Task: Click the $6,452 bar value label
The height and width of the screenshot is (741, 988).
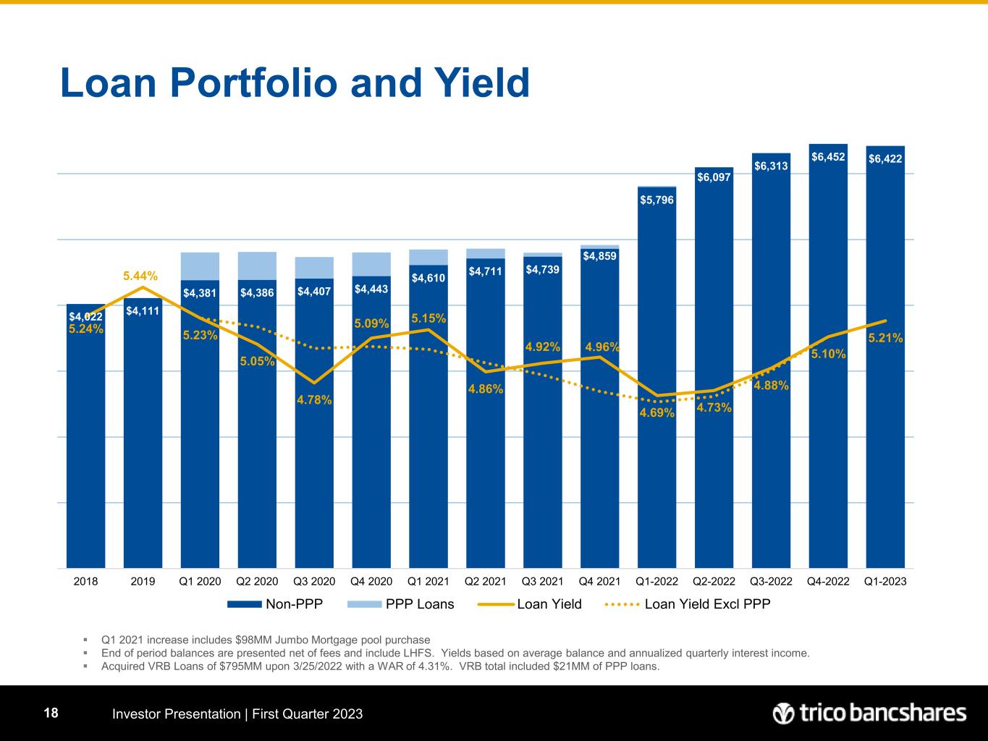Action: pyautogui.click(x=828, y=156)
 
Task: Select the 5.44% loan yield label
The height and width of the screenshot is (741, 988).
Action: pyautogui.click(x=140, y=276)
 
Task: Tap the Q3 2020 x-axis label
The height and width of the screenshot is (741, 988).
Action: pyautogui.click(x=314, y=581)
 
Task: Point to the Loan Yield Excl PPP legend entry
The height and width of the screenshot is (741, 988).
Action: pyautogui.click(x=706, y=604)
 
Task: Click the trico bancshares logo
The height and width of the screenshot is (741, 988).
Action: pyautogui.click(x=869, y=714)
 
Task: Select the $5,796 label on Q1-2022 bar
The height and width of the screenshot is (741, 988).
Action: pyautogui.click(x=656, y=199)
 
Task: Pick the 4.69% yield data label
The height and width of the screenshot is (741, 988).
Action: pyautogui.click(x=657, y=412)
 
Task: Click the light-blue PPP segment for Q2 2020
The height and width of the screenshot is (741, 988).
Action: pyautogui.click(x=257, y=266)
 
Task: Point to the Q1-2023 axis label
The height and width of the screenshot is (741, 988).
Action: pyautogui.click(x=885, y=581)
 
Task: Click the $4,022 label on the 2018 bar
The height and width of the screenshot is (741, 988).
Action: pyautogui.click(x=85, y=316)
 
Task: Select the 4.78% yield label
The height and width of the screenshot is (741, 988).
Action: pyautogui.click(x=314, y=399)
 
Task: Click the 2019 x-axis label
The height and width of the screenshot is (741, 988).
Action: pyautogui.click(x=143, y=581)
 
